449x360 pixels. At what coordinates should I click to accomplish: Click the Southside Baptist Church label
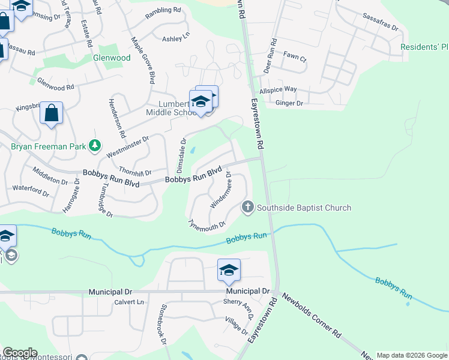(x=304, y=208)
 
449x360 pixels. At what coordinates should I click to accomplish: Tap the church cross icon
(x=247, y=208)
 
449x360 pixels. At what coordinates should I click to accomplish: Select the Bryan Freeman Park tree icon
(x=94, y=145)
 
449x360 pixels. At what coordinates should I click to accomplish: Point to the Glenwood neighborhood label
(x=111, y=58)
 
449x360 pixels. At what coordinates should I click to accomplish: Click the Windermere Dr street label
(x=221, y=190)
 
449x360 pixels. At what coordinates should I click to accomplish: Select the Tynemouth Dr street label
(x=206, y=224)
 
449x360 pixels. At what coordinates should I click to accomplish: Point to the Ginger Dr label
(x=289, y=103)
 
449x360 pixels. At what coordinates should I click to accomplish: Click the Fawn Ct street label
(x=295, y=59)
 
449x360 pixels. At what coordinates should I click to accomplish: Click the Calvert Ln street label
(x=130, y=302)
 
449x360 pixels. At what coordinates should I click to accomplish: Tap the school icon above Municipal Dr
(x=229, y=271)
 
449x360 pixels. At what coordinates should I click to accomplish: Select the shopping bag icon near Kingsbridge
(x=51, y=113)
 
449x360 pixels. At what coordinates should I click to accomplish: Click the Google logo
(x=20, y=353)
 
